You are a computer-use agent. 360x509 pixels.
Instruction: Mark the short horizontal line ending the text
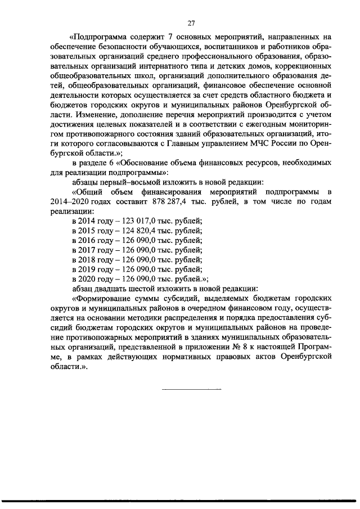191,389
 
